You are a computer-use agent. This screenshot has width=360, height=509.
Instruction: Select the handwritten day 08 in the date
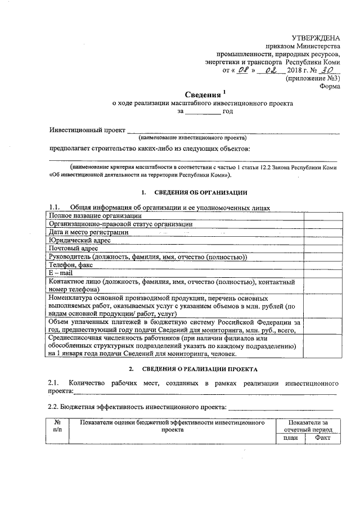tap(242, 70)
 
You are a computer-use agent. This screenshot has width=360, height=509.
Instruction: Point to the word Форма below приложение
tap(330, 87)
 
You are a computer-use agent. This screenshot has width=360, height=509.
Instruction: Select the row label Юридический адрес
tap(79, 240)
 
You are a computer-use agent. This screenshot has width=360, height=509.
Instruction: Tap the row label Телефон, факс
tap(71, 264)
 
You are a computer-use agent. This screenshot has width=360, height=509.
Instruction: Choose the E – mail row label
tap(61, 273)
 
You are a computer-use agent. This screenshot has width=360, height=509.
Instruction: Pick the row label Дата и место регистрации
tap(88, 232)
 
